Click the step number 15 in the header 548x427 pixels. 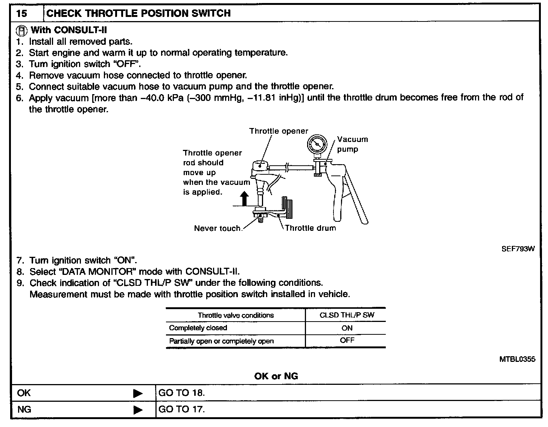click(x=22, y=14)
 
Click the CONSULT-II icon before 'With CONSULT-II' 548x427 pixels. click(x=23, y=30)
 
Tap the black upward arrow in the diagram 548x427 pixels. click(x=245, y=198)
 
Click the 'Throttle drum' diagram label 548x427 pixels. click(x=310, y=228)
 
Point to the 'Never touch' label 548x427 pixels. click(x=217, y=229)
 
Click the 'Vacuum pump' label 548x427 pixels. click(x=352, y=144)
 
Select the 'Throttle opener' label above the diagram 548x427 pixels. click(x=279, y=131)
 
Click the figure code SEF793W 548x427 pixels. click(x=518, y=249)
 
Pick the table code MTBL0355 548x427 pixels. click(x=517, y=359)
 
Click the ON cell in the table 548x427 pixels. click(x=347, y=328)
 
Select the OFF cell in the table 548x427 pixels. click(x=347, y=340)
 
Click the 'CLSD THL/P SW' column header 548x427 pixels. click(x=347, y=315)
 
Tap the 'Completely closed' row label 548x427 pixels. click(x=198, y=328)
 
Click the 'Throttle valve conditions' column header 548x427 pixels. click(x=236, y=315)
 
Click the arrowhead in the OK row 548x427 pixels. click(x=138, y=393)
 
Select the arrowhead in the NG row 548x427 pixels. click(x=138, y=410)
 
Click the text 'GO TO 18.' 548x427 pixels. click(x=182, y=393)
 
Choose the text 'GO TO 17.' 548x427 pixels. click(x=182, y=409)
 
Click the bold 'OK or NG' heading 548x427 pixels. click(x=276, y=376)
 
